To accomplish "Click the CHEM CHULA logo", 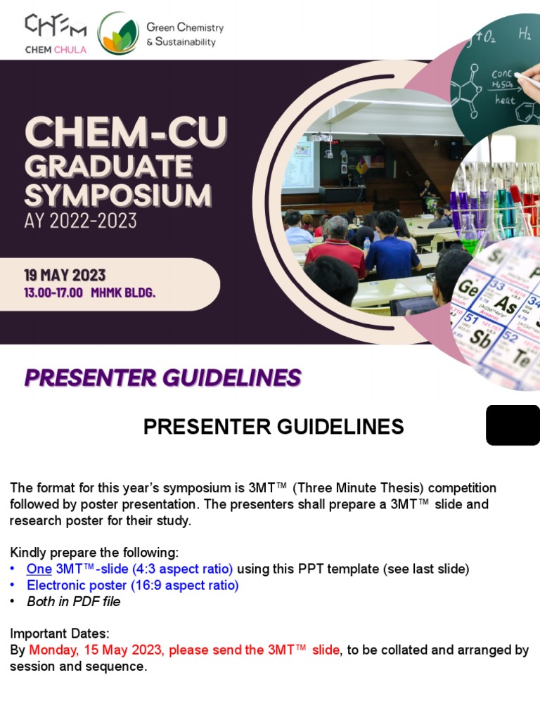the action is coord(56,34).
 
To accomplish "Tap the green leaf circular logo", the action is coord(118,33).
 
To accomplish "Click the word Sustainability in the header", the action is coord(186,41).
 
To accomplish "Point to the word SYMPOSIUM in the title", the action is coord(118,195).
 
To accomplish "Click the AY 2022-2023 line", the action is coord(81,221).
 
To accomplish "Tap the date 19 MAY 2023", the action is coord(65,275).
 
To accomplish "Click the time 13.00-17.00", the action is coord(53,292).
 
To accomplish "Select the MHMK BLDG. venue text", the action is coord(123,292).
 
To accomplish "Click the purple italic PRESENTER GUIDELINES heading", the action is coord(163,378).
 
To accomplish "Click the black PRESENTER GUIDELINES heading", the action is coord(274,427).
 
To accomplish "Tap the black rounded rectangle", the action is coord(513,425).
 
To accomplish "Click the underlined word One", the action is coord(39,569).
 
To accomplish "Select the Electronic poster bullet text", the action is coord(133,586).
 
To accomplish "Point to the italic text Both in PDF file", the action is coord(73,602).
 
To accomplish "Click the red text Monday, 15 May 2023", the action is coord(95,650).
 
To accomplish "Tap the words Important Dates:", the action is coord(60,634).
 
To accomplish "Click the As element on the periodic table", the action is coord(506,304).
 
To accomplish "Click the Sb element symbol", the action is coord(480,338).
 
